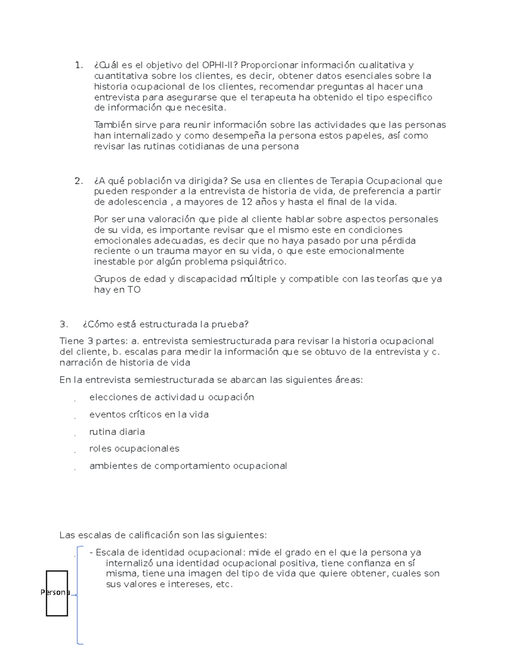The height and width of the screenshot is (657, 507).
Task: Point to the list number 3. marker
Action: tap(64, 324)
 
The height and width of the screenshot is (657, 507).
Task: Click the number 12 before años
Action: tap(247, 202)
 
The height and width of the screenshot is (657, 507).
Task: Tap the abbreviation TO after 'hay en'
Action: tap(134, 290)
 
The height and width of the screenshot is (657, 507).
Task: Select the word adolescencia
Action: tap(137, 202)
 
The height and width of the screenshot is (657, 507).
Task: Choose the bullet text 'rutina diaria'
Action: tap(117, 432)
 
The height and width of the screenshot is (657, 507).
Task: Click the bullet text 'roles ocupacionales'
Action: tap(134, 448)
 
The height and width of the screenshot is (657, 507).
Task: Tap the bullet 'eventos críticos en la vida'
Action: tap(149, 415)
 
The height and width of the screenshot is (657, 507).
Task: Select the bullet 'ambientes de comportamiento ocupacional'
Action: tap(188, 466)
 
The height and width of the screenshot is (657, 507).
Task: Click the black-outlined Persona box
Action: tap(57, 593)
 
